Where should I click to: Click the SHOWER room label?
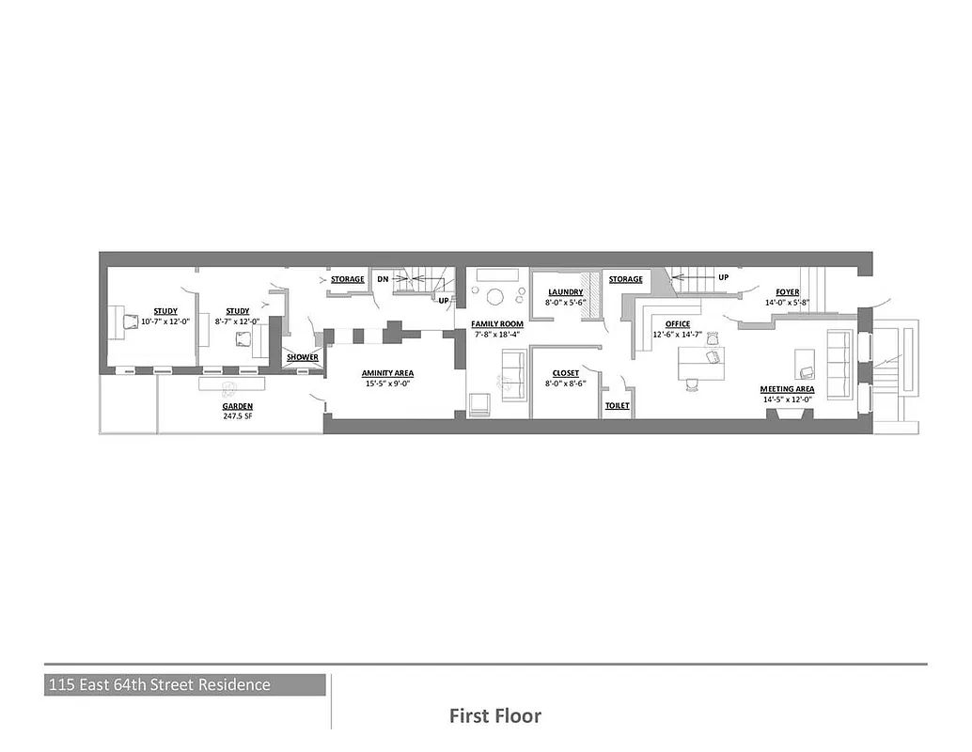[x=302, y=357]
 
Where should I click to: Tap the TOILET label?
[x=617, y=406]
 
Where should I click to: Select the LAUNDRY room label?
[x=566, y=292]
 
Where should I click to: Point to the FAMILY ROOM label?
[x=497, y=323]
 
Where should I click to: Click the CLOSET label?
[x=565, y=373]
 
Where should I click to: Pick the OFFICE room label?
[x=677, y=324]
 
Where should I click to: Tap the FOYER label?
[x=787, y=292]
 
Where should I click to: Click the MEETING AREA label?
[x=787, y=389]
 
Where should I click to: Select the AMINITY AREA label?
[x=387, y=373]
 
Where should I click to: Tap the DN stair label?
[x=383, y=279]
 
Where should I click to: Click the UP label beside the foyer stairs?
[x=723, y=278]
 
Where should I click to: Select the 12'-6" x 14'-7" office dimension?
[x=677, y=335]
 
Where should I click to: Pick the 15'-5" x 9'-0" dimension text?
[x=387, y=384]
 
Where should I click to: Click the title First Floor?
[x=494, y=716]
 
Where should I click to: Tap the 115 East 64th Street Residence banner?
[x=159, y=685]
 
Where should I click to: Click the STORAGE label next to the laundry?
[x=625, y=279]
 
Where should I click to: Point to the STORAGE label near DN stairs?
[x=347, y=279]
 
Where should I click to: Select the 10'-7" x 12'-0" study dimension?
[x=165, y=321]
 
